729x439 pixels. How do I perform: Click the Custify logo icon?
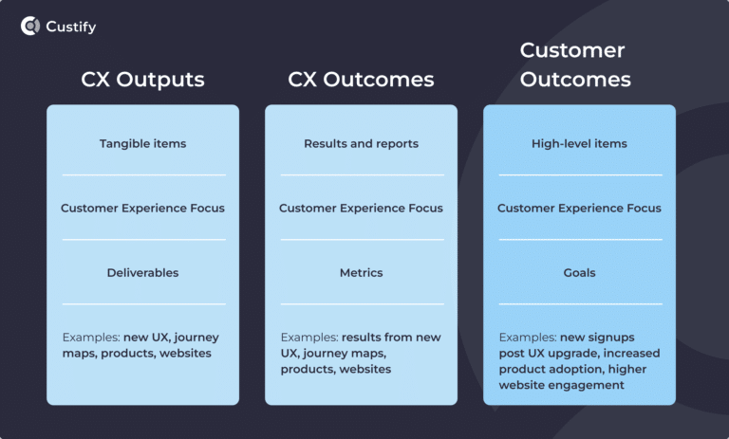30,27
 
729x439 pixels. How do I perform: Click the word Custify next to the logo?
71,27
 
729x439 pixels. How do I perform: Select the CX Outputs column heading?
142,80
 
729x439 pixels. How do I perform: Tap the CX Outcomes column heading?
361,80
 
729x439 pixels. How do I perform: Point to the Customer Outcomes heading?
575,64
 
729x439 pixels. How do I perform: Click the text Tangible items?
143,144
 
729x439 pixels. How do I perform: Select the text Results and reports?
361,144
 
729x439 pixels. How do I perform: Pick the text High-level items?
579,144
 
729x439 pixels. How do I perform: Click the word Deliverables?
143,273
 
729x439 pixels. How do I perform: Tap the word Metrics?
361,273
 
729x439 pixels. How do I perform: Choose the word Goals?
579,273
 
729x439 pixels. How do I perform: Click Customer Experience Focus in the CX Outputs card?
143,209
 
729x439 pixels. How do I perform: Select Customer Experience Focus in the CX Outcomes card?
361,209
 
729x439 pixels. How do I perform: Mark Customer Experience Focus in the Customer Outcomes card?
579,209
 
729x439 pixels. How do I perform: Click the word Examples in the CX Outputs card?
88,338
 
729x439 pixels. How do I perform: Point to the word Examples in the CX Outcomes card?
307,338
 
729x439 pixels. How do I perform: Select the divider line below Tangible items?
143,175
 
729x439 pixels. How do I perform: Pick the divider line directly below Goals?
579,304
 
